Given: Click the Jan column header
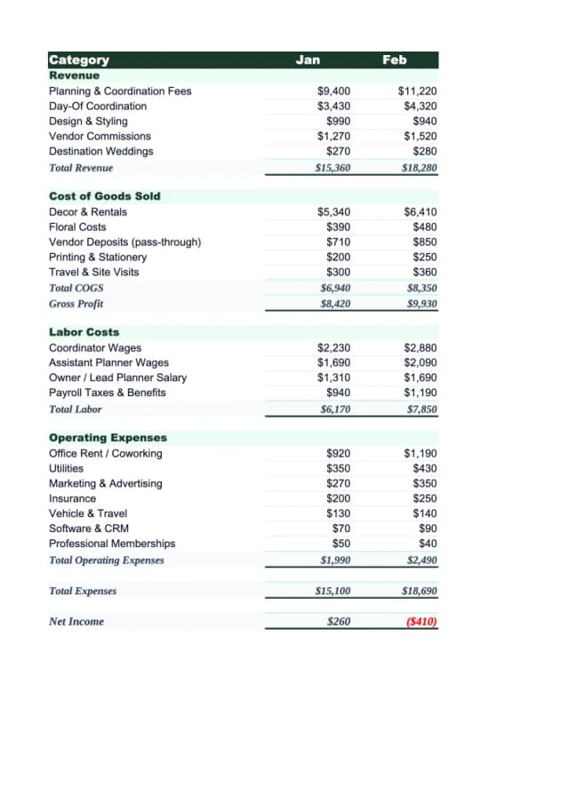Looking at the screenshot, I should pos(308,60).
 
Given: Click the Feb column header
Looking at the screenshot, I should pos(394,60).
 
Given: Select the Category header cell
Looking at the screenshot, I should pos(79,60).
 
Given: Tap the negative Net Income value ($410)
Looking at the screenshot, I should pos(421,622).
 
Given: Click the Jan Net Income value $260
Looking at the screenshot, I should pos(339,622).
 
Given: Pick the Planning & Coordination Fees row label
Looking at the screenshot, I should pos(120,91).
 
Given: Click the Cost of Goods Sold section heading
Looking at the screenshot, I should pos(105,195).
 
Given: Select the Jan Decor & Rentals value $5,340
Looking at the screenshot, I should pos(334,211).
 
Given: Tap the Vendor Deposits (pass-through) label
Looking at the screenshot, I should pos(124,242).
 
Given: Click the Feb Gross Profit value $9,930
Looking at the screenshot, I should pos(421,304).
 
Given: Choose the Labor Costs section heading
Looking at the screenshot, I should pos(84,331).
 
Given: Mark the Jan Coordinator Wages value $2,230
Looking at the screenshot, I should pos(334,347).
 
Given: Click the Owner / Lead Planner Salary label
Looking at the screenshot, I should pos(117,378).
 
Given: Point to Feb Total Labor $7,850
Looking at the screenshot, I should pos(421,410).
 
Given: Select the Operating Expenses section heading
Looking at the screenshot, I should pos(108,437).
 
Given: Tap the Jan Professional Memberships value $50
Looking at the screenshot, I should pos(341,543).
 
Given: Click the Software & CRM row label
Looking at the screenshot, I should pos(88,528).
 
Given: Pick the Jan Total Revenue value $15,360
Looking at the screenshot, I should pos(333,168).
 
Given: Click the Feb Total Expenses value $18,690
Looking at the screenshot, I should pos(420,591).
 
